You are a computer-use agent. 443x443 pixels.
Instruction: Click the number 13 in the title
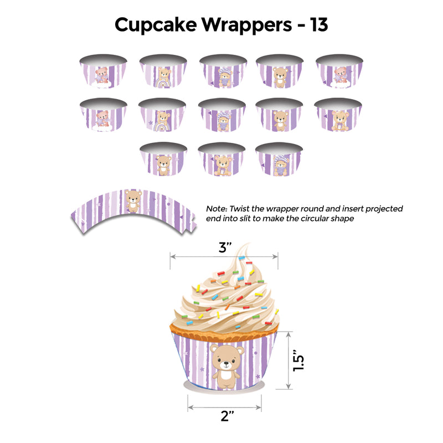pos(319,24)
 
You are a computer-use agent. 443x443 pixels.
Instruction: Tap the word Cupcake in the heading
pos(156,25)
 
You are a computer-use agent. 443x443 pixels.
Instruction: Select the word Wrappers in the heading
pos(246,25)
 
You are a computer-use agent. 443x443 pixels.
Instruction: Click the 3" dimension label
pos(225,248)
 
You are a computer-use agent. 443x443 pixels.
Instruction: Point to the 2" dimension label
pos(228,416)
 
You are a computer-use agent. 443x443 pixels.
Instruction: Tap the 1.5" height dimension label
pos(298,360)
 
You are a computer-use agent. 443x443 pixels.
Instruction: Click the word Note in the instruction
pos(217,209)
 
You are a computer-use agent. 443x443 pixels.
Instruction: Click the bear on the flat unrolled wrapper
pos(133,201)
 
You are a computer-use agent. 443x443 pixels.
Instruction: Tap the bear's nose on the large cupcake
pos(226,364)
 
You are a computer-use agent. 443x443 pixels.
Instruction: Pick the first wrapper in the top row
pos(103,71)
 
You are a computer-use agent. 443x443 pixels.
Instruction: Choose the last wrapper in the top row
pos(339,71)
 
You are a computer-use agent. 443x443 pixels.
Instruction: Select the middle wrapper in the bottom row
pos(222,159)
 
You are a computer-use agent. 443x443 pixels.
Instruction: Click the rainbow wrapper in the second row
pos(162,115)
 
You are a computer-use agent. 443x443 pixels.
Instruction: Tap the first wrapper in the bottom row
pos(163,159)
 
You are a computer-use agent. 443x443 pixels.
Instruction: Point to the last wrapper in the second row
pos(338,115)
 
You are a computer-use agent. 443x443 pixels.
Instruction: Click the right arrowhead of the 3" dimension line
pos(275,256)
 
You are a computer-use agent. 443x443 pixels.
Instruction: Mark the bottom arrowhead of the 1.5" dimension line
pos(288,386)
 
